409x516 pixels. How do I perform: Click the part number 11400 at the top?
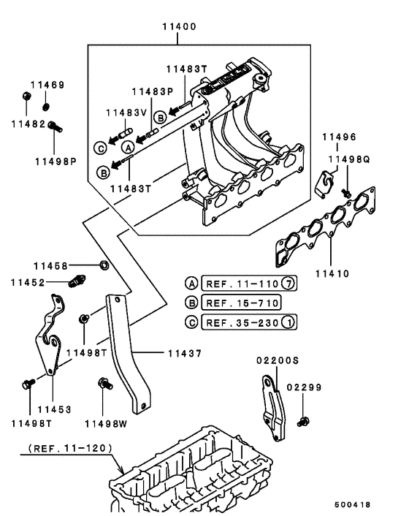178,28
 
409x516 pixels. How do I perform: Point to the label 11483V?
126,113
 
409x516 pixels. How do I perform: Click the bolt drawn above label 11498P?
55,127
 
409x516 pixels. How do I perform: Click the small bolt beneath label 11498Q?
347,192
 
